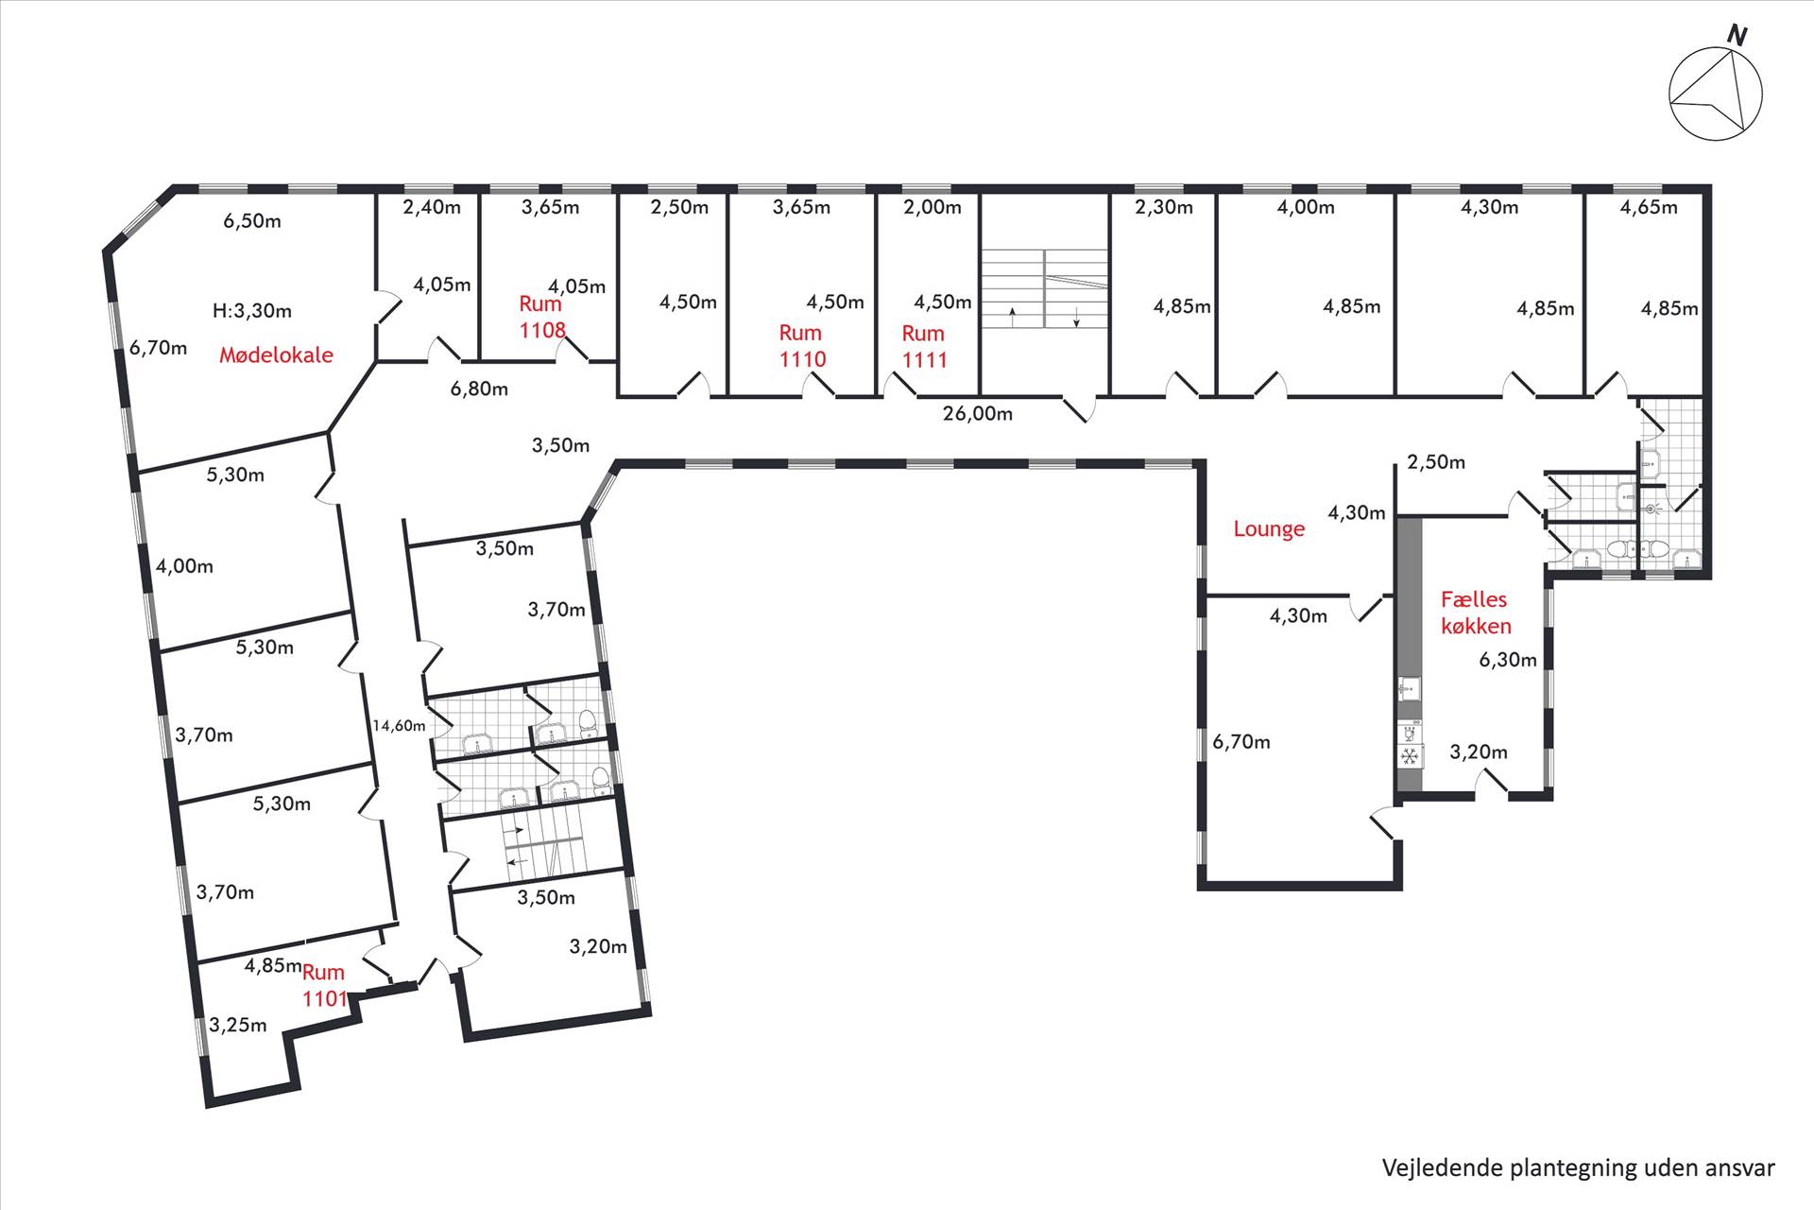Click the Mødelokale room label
[x=276, y=355]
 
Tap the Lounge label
[x=1269, y=529]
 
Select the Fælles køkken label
[x=1475, y=613]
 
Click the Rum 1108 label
[x=542, y=317]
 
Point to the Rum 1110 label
[x=802, y=346]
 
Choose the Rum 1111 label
[x=924, y=346]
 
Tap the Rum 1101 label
[x=324, y=985]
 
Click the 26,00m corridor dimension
[x=978, y=413]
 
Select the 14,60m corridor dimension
[x=399, y=726]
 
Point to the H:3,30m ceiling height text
[x=252, y=310]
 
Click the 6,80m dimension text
[x=479, y=389]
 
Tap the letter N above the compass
[x=1737, y=36]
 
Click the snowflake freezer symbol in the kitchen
[x=1410, y=756]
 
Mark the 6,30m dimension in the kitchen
[x=1508, y=660]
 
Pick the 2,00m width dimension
[x=933, y=207]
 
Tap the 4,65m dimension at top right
[x=1649, y=207]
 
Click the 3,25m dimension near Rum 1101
[x=238, y=1025]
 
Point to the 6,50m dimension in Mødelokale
[x=252, y=221]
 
